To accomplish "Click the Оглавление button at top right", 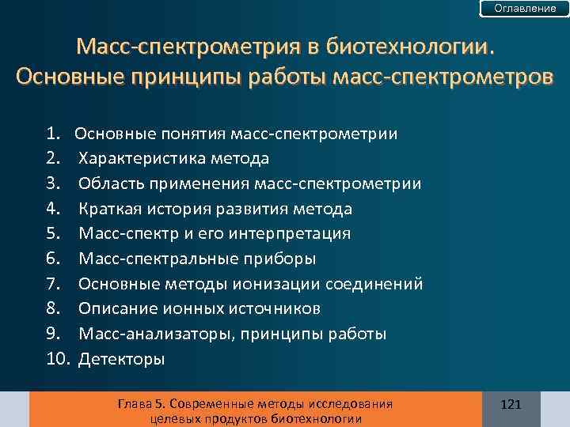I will point(525,8).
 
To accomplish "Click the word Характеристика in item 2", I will point(142,159).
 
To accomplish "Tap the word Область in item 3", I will point(108,184).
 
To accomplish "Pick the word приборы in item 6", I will point(282,259).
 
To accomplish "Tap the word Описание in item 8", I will point(115,308).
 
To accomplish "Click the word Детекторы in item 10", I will point(122,359).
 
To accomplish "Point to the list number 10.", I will point(58,359).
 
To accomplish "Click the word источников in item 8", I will point(273,308).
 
